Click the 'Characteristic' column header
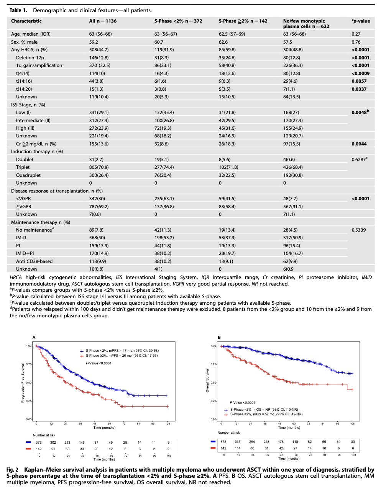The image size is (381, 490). point(26,21)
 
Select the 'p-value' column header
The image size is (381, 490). point(361,21)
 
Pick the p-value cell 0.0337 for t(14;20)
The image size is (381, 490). point(359,89)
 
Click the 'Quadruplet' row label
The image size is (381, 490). point(28,175)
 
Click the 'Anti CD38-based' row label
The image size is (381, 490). point(34,261)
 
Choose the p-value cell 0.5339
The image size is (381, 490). point(359,230)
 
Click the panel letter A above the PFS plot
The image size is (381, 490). point(34,337)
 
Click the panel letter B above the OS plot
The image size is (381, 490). point(219,337)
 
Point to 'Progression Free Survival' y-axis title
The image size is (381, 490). point(23,383)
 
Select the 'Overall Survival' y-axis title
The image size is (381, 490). point(207,381)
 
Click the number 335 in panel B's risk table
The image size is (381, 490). point(238,441)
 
